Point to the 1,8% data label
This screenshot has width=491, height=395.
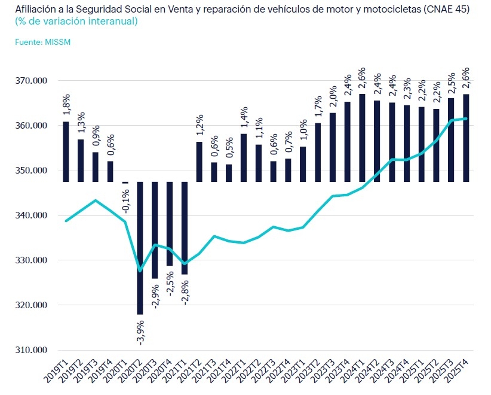tap(66, 105)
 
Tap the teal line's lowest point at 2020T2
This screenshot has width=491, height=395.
tap(140, 271)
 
